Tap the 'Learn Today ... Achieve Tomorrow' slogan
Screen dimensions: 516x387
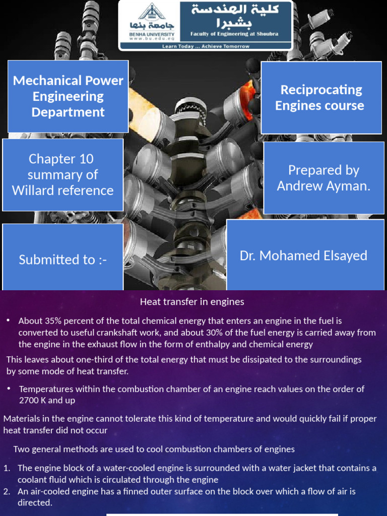tap(206, 46)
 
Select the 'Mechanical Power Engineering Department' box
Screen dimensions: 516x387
tap(68, 96)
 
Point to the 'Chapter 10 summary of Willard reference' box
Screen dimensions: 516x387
tap(63, 174)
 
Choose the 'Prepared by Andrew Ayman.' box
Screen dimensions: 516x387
tap(324, 178)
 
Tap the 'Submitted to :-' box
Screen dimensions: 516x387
tap(63, 260)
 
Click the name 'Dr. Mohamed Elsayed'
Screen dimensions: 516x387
tap(303, 255)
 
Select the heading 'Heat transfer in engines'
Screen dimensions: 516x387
tap(192, 302)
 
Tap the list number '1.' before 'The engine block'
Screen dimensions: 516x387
tap(7, 468)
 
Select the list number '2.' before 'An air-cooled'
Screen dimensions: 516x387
tap(7, 491)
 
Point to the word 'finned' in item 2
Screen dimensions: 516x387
tap(128, 491)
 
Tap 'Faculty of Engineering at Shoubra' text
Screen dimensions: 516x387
tap(234, 34)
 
